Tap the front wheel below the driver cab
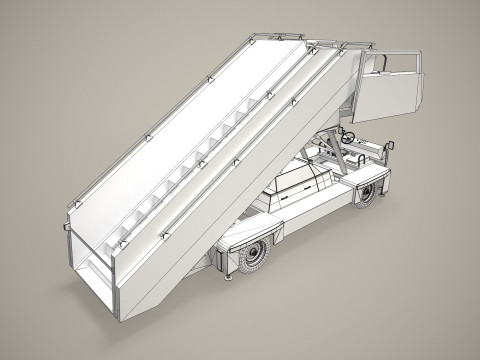tap(368, 192)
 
